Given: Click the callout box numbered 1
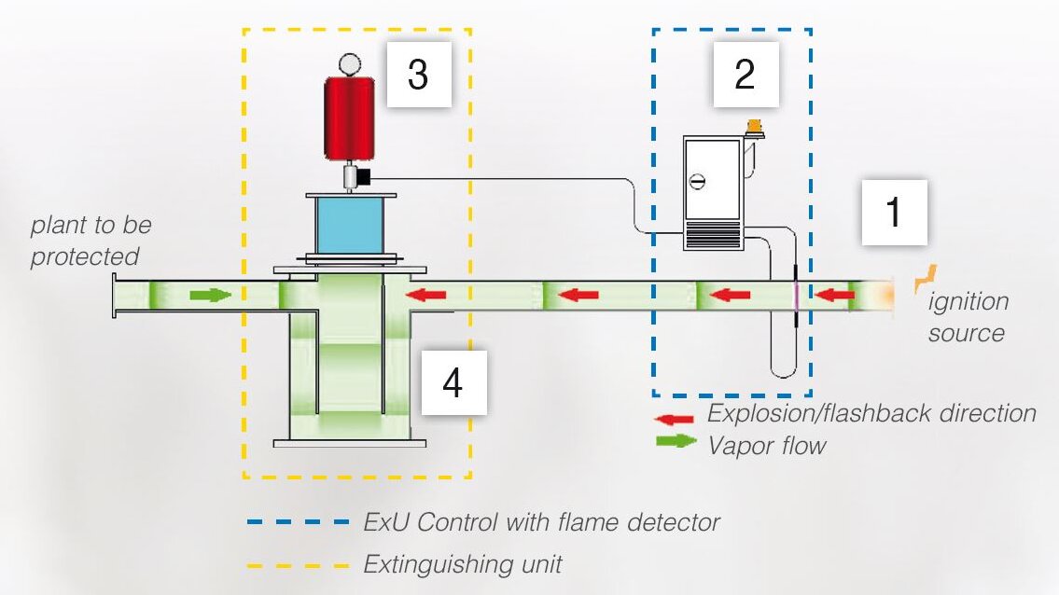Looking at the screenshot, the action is click(894, 212).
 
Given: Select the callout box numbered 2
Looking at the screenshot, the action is click(745, 75).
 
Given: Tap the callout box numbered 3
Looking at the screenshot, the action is click(419, 75).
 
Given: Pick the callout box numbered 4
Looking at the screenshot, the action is click(453, 382).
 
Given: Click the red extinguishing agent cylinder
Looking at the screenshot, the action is click(349, 118).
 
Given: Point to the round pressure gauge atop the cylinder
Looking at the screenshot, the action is click(350, 64).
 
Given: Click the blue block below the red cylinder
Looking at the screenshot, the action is click(349, 226).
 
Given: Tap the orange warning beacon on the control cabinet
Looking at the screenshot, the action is click(755, 127).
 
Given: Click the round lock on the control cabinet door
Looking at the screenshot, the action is click(698, 182).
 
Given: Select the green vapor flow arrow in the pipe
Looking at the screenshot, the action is click(211, 295).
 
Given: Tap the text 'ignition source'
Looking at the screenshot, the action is click(968, 317).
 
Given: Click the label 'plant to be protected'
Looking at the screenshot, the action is click(91, 241).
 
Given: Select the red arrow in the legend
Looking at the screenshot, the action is click(674, 419).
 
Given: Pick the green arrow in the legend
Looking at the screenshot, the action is click(676, 441).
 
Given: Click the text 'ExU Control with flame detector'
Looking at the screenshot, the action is click(542, 522).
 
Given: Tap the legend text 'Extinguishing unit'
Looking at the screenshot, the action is click(463, 564).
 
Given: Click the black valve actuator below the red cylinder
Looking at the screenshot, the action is click(363, 177).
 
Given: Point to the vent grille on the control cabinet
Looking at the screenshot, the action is click(713, 237).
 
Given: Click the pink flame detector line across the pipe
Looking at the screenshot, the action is click(796, 296).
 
